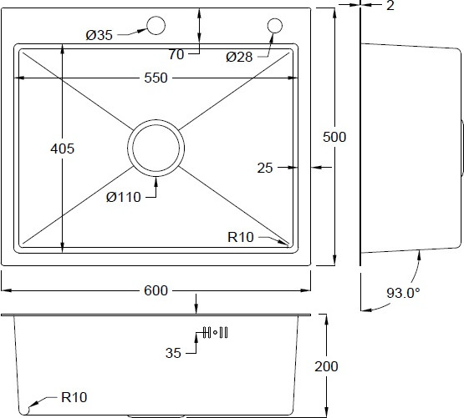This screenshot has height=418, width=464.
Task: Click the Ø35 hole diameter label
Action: point(99,35)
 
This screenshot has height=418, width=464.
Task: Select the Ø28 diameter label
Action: point(239,57)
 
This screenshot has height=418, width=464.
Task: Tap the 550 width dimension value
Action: point(156,78)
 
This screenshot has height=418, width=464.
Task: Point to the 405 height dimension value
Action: point(62,149)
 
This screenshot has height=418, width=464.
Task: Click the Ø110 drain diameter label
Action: point(124,197)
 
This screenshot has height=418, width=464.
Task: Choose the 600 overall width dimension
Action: point(156,290)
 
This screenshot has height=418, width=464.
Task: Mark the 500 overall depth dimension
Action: point(334,137)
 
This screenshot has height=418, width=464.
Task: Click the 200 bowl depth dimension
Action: point(326,366)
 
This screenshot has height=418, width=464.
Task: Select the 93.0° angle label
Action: point(403,293)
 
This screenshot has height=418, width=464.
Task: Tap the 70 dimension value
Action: point(176,55)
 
